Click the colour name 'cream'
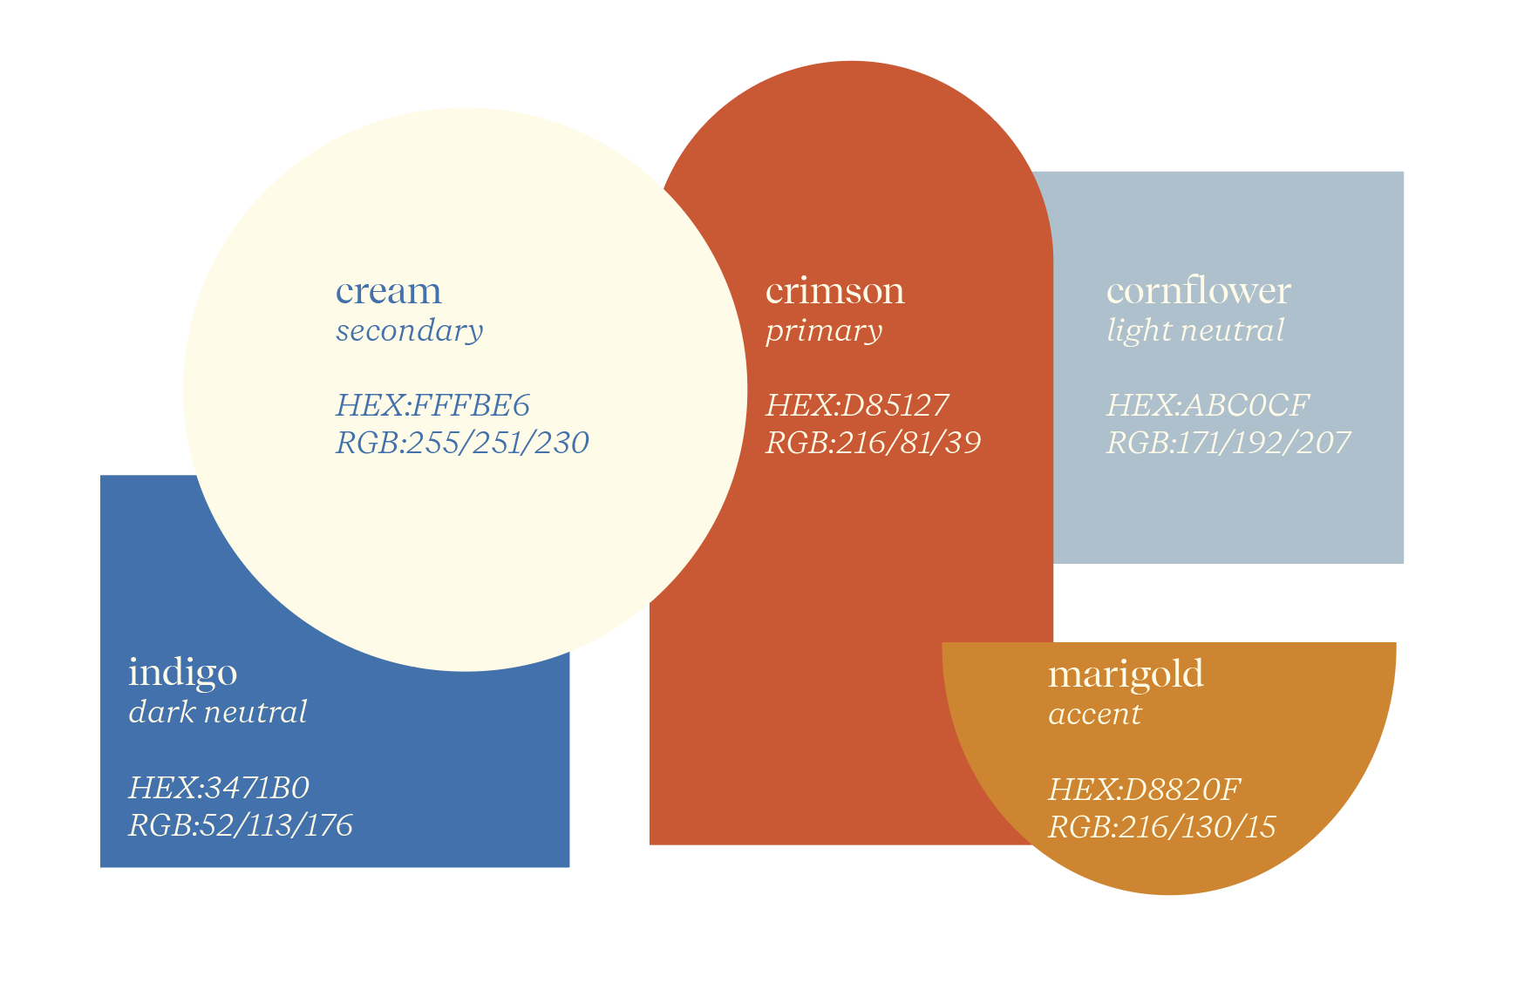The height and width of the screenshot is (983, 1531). point(388,291)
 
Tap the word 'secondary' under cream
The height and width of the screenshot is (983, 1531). point(409,330)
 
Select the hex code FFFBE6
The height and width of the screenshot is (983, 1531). point(432,405)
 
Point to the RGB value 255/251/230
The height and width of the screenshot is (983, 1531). point(462,443)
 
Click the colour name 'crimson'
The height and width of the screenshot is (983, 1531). point(834,291)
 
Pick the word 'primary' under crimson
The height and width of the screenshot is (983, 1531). point(824,330)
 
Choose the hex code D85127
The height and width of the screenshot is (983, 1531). point(857,405)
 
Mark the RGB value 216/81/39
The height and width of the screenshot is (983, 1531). point(873,443)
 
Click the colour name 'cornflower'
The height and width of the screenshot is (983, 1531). point(1198,291)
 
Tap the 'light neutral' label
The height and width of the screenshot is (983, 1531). point(1195,330)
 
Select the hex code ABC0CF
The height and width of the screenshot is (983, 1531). point(1208,405)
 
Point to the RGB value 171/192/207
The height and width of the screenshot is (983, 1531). point(1228,443)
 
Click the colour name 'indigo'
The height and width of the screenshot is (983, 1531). point(182,673)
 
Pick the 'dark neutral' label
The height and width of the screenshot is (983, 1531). point(217,712)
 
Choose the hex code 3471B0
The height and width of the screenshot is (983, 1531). point(218,788)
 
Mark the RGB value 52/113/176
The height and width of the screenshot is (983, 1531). point(240,825)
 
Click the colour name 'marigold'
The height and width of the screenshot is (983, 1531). point(1126,675)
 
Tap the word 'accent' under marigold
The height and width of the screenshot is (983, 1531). point(1094,714)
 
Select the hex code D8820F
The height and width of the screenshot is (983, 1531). point(1144,790)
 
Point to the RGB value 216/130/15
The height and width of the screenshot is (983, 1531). point(1161,827)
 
